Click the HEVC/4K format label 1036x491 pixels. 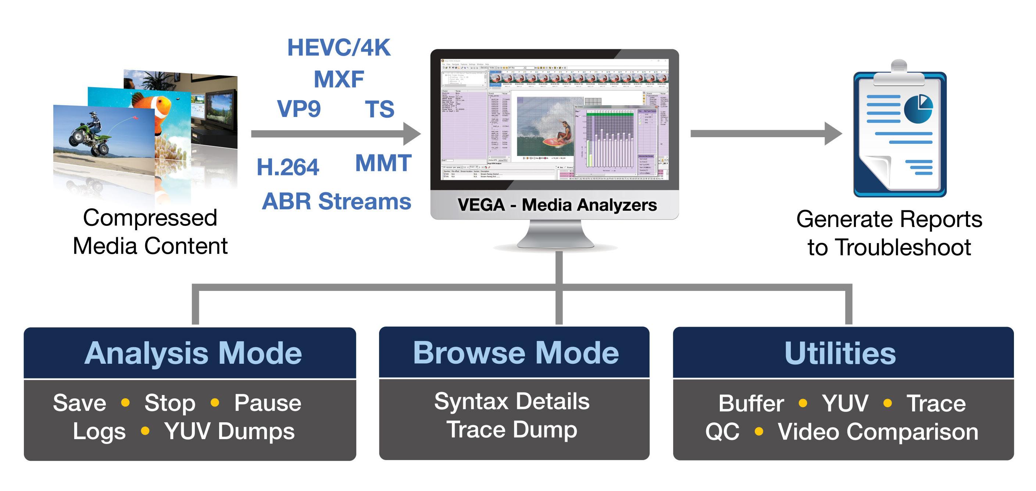339,48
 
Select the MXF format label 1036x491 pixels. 339,79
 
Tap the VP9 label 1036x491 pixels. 299,108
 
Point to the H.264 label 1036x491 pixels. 288,167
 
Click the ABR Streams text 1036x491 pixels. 337,201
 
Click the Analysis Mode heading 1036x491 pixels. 193,353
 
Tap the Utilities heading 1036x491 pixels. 840,353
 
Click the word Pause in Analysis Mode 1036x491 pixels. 267,403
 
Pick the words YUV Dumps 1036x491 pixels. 229,431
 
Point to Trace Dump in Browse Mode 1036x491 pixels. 511,430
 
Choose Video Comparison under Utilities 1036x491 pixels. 878,432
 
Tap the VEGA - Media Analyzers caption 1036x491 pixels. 557,205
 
